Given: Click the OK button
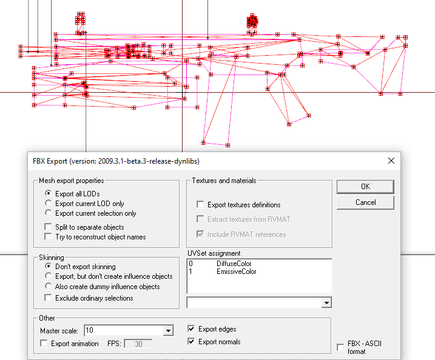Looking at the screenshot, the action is (x=365, y=187).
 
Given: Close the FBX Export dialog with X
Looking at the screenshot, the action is (x=391, y=161).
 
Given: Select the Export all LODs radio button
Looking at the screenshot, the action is (x=49, y=193).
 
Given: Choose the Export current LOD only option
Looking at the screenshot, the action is (x=49, y=203).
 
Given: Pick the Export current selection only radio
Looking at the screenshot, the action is (x=49, y=213).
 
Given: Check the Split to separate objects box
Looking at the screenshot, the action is (x=48, y=227).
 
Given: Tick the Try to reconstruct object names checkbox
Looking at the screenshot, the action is (x=48, y=237).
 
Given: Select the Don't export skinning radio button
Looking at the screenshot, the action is (x=49, y=266).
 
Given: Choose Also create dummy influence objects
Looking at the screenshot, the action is (x=49, y=286).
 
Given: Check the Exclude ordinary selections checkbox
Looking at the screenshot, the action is (x=48, y=298).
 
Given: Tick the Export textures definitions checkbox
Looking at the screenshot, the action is (x=200, y=204).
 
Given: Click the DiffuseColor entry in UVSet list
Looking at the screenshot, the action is (x=234, y=264).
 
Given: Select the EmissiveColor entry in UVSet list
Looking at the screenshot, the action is (x=237, y=272).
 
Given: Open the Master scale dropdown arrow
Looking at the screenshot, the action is (x=168, y=331).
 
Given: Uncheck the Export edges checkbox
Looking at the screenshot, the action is (x=191, y=328).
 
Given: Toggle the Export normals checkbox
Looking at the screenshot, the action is (x=191, y=341).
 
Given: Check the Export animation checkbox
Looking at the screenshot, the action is (x=44, y=344).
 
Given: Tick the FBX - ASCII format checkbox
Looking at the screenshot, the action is (x=340, y=347).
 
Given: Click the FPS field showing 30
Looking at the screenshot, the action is (x=138, y=344).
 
